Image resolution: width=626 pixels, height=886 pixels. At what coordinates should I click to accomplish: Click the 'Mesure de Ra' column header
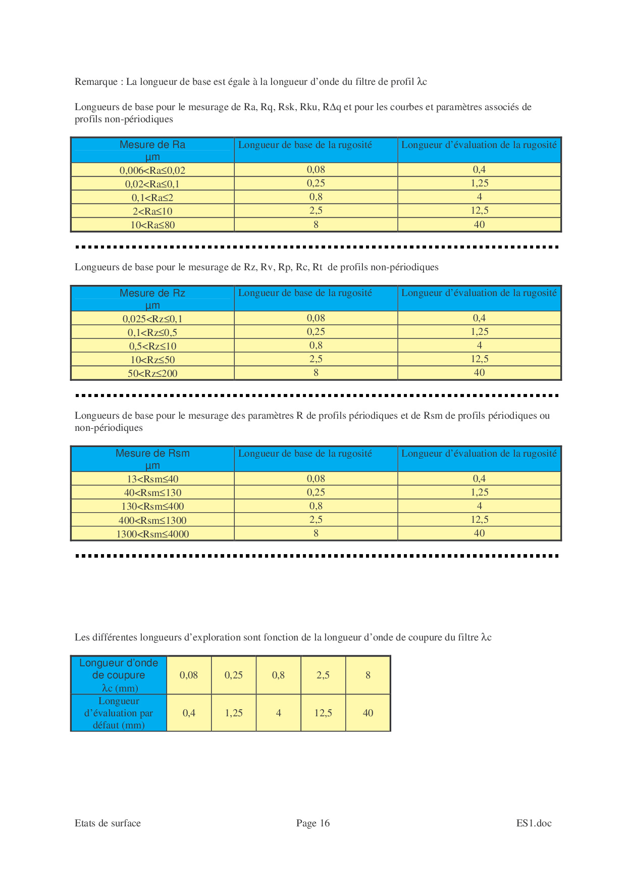(x=152, y=150)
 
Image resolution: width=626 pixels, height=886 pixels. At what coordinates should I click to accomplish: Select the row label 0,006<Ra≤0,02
(x=152, y=170)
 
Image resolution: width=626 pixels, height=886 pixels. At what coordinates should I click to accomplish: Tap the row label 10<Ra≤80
(x=152, y=225)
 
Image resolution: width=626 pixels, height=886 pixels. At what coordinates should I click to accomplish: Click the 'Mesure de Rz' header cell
(x=152, y=299)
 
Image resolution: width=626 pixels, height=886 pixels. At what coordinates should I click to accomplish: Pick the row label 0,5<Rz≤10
(x=152, y=346)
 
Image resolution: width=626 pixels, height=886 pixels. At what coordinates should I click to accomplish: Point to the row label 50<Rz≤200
(x=152, y=373)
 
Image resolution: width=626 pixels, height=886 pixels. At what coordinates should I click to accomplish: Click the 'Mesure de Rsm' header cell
(x=152, y=459)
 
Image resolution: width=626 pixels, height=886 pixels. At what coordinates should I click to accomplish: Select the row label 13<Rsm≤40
(x=152, y=479)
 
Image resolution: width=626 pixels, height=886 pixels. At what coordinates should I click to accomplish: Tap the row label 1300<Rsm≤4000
(x=152, y=534)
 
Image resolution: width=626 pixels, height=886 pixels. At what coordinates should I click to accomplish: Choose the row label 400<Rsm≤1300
(x=152, y=520)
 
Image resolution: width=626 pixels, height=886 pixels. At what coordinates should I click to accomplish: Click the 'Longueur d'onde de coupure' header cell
(x=119, y=675)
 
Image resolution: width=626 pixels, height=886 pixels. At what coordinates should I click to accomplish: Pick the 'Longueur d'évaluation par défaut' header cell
(x=119, y=713)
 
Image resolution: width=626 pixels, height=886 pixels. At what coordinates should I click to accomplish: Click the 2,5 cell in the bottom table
(x=323, y=675)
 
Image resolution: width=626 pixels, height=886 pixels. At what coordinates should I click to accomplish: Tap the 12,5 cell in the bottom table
(x=323, y=713)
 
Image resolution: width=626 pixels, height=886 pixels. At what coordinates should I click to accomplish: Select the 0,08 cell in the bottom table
(x=189, y=675)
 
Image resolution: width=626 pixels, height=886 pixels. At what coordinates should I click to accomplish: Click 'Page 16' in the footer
(x=312, y=823)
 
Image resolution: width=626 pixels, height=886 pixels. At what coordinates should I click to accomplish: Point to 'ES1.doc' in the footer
(x=534, y=823)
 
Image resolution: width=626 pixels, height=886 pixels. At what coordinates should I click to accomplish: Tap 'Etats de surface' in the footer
(x=108, y=823)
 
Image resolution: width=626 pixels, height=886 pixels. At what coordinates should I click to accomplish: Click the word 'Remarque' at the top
(x=96, y=82)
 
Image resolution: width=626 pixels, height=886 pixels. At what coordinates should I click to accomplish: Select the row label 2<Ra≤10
(x=152, y=211)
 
